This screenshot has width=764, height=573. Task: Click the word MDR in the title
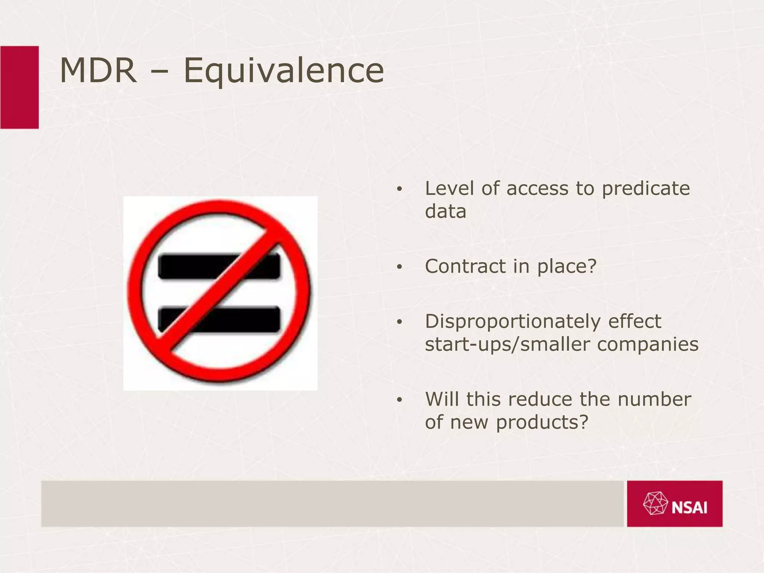(x=98, y=71)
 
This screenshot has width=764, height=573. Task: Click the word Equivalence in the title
(x=284, y=72)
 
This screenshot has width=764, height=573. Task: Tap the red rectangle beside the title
(x=19, y=87)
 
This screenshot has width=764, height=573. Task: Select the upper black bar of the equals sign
(x=187, y=266)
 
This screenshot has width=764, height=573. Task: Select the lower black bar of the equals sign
(x=242, y=319)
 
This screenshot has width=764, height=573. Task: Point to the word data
(x=445, y=212)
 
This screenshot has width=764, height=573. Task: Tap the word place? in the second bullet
(x=567, y=267)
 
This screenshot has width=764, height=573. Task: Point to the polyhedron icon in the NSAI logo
(x=655, y=504)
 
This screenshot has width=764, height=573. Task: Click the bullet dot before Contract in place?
(x=400, y=267)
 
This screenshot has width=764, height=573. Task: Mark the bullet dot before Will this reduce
(x=400, y=400)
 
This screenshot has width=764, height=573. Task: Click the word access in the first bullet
(x=537, y=189)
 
